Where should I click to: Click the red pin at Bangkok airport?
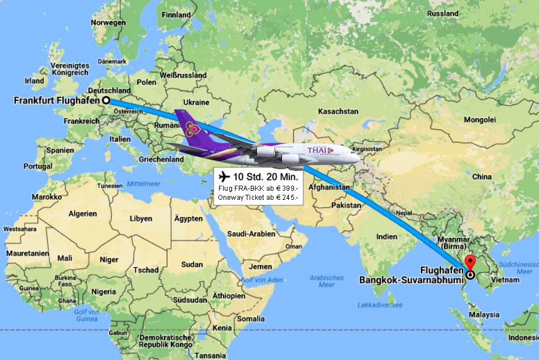[x=470, y=263]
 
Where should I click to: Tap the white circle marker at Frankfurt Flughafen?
[x=106, y=101]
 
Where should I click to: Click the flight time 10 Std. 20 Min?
[x=266, y=177]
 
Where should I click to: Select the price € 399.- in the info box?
[x=288, y=188]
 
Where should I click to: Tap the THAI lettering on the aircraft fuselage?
[x=319, y=150]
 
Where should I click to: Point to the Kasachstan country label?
[x=338, y=112]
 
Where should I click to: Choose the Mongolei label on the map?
[x=479, y=120]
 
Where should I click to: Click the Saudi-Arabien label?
[x=251, y=233]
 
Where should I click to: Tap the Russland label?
[x=458, y=13]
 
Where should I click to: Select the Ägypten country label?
[x=188, y=219]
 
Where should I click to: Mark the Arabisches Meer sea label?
[x=327, y=281]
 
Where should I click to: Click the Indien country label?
[x=387, y=236]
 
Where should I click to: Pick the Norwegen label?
[x=108, y=23]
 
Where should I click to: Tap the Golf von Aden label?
[x=262, y=280]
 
